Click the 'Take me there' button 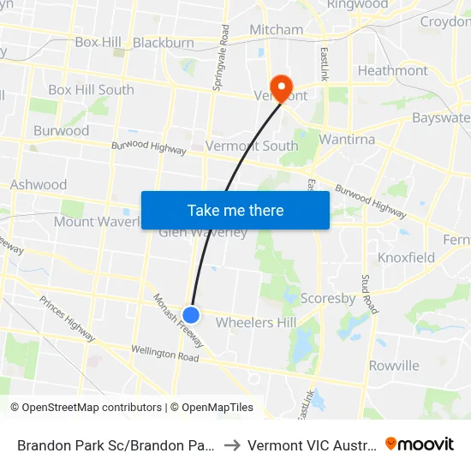235,210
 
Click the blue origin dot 192,315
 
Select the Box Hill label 98,42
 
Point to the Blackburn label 163,42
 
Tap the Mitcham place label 276,29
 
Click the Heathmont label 392,70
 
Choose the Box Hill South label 91,89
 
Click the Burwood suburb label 61,131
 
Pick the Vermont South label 252,146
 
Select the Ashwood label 39,184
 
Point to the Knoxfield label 406,257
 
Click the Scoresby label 328,299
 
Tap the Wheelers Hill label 256,322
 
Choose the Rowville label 394,366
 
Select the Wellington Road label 165,353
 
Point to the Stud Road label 367,294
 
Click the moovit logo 420,444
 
